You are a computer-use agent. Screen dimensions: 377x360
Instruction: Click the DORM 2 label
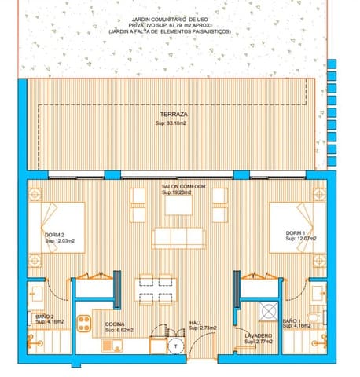click(55, 234)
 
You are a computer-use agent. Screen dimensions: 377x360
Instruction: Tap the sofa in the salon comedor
click(178, 237)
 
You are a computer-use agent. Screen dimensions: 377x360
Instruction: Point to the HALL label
click(196, 322)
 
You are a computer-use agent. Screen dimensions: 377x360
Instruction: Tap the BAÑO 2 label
click(44, 317)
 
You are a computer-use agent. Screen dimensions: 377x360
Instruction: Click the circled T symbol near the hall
click(177, 344)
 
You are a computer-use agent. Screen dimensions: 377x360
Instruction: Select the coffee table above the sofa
click(179, 205)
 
